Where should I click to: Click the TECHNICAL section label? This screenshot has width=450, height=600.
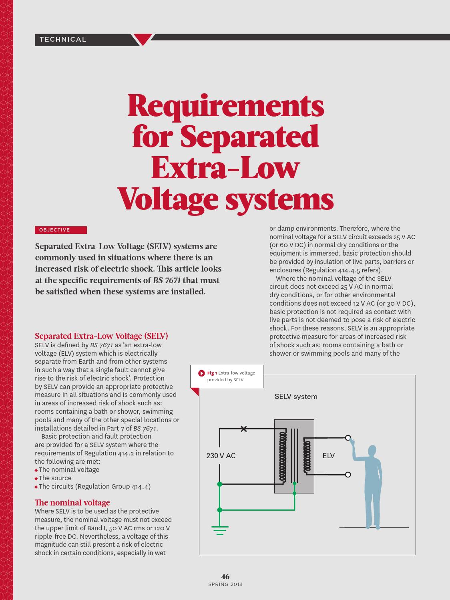coord(63,39)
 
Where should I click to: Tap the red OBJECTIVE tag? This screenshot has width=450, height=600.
coord(61,230)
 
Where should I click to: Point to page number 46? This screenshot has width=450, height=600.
coord(225,576)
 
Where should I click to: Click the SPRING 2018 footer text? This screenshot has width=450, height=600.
coord(225,584)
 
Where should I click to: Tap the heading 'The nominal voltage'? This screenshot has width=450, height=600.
coord(72,502)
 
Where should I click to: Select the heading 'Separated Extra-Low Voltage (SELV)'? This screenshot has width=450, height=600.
coord(101,336)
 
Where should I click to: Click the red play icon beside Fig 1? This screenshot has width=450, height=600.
coord(201,373)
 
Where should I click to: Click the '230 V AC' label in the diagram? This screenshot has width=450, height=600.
coord(221,456)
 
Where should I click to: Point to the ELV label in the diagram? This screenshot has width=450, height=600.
coord(328,456)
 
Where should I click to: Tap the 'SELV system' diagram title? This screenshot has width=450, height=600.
coord(296,397)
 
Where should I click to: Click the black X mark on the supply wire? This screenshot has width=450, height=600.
coord(244,429)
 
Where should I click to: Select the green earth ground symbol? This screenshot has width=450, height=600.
coord(220,530)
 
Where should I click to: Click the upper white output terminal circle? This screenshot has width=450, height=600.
coord(348,438)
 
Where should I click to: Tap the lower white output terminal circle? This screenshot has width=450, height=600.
coord(348,475)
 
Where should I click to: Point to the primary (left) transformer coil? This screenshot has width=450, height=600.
coord(283,456)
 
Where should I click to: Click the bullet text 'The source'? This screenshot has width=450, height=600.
coord(55,478)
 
